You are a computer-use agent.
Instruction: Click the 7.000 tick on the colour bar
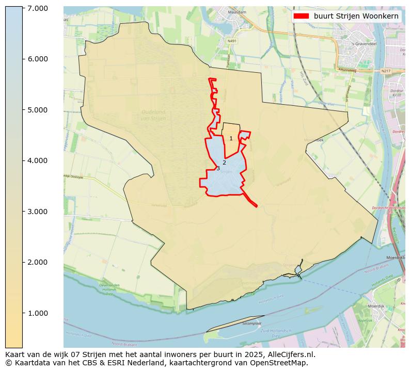pos(35,8)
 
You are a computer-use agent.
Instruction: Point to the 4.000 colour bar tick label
pos(35,160)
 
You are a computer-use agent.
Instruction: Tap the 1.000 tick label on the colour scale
pos(35,313)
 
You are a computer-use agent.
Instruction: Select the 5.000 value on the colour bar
pos(35,110)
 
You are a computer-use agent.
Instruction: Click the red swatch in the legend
pos(301,16)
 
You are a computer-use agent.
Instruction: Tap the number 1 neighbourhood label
pos(231,138)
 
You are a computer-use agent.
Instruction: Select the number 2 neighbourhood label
pos(224,163)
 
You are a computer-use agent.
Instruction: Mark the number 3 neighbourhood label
pos(218,169)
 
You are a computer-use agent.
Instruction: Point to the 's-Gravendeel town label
pos(363,44)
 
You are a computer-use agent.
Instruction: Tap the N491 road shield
pos(232,41)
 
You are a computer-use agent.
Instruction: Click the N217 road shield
pos(386,71)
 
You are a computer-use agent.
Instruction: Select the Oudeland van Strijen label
pos(153,115)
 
